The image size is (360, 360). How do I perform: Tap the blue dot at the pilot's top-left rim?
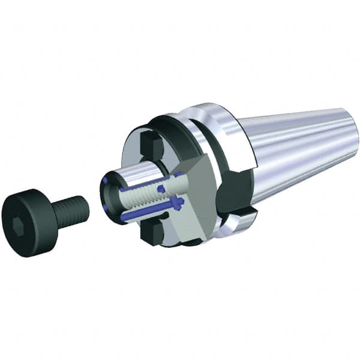point(106,179)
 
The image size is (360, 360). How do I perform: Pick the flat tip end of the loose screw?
point(85,207)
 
